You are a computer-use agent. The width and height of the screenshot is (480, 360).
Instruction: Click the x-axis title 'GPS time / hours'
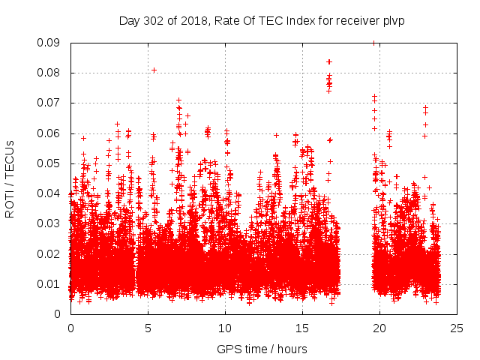click(262, 349)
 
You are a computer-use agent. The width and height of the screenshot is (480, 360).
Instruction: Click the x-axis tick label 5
click(148, 328)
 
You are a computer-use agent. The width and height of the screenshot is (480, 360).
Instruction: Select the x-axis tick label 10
click(225, 328)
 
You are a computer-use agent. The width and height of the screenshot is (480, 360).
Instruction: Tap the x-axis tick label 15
click(302, 328)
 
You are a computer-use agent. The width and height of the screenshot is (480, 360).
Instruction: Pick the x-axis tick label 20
click(379, 328)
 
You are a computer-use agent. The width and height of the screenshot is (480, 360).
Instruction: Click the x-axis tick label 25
click(457, 328)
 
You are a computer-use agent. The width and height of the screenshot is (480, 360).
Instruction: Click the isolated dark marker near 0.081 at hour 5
click(154, 70)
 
